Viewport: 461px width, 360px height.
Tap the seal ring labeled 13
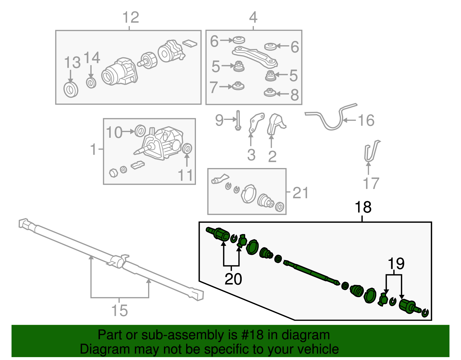71,90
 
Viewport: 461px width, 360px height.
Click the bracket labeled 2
275,124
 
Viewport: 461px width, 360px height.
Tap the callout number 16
366,120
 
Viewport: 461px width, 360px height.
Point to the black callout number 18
363,207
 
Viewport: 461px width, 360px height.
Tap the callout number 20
233,279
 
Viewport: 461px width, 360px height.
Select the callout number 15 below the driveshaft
119,310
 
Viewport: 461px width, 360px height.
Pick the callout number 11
185,175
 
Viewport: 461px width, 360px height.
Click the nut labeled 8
270,93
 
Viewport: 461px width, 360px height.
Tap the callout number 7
214,87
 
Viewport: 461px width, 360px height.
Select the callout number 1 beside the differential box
93,149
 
